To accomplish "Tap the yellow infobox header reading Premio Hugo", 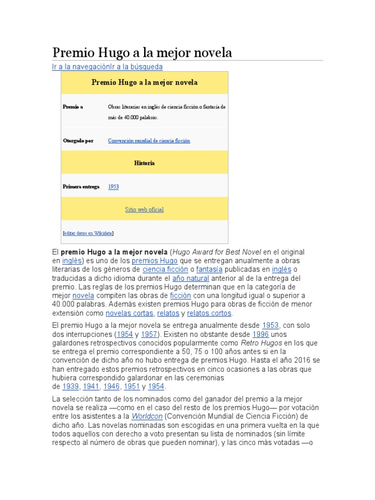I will tap(145, 83).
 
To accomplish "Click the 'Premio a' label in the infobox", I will tap(73, 106).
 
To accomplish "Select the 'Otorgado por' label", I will tap(78, 141).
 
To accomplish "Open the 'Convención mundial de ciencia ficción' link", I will tap(149, 141).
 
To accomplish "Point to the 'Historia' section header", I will tap(145, 163).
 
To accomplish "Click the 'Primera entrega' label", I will tap(81, 187).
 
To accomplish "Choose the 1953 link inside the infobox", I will tap(113, 187).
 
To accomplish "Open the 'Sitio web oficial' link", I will tap(144, 209).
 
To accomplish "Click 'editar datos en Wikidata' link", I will tap(88, 233).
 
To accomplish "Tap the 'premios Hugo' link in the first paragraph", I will tap(155, 261).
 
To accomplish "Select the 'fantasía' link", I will tap(209, 270).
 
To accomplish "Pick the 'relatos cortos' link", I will tap(209, 313).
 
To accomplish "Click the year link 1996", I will tap(260, 334).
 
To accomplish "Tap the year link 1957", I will tap(149, 334).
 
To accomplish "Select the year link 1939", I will tap(70, 387).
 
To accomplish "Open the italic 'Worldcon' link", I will tap(147, 417).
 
